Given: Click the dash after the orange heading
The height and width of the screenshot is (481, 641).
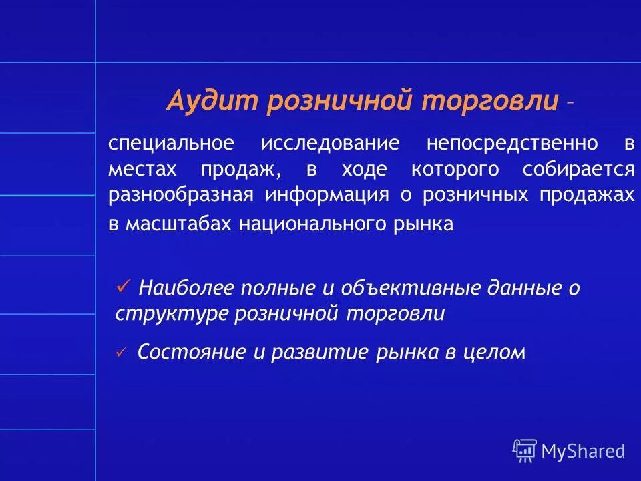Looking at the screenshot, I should click(568, 104).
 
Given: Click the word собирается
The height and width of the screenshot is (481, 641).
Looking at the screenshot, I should click(578, 170).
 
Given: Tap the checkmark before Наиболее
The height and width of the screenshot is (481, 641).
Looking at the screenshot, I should click(122, 287).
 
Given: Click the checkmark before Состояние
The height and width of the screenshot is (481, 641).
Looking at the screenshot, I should click(121, 352).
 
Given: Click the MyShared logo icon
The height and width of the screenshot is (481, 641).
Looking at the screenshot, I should click(525, 451).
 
